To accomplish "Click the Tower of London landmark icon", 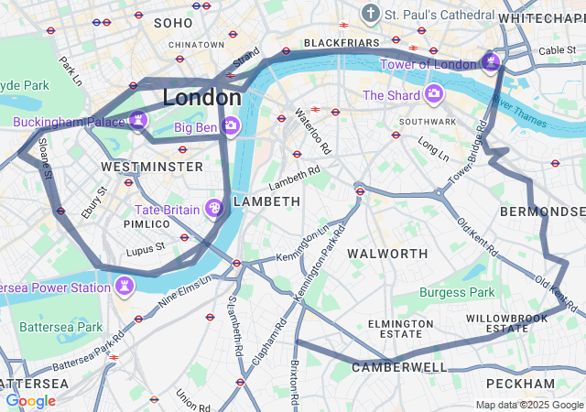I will pyautogui.click(x=491, y=63).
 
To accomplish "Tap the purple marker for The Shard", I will pyautogui.click(x=433, y=94).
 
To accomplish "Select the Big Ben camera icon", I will pyautogui.click(x=231, y=125).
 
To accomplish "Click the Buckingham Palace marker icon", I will pyautogui.click(x=138, y=120).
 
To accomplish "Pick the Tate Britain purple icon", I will pyautogui.click(x=214, y=209).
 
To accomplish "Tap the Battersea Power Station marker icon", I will pyautogui.click(x=124, y=287).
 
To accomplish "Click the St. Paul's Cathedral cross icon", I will pyautogui.click(x=370, y=14).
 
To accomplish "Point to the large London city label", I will pyautogui.click(x=202, y=97).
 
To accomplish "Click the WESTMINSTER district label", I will pyautogui.click(x=152, y=167).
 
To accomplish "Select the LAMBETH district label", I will pyautogui.click(x=266, y=201).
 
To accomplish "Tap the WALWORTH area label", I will pyautogui.click(x=388, y=253).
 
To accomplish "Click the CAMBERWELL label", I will pyautogui.click(x=400, y=367).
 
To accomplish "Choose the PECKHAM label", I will pyautogui.click(x=520, y=383).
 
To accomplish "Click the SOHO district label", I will pyautogui.click(x=174, y=22).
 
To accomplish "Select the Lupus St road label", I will pyautogui.click(x=146, y=246).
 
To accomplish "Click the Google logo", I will pyautogui.click(x=30, y=401).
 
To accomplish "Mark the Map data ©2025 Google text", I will pyautogui.click(x=528, y=405).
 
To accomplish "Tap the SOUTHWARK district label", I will pyautogui.click(x=427, y=121).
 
